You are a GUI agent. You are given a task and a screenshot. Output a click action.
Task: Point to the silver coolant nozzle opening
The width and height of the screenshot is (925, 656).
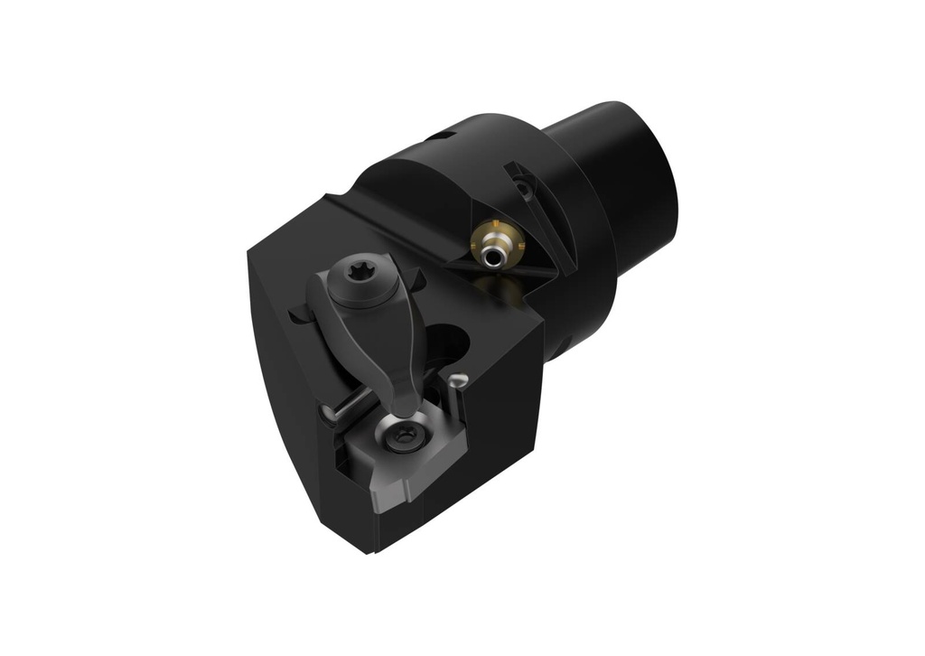pyautogui.click(x=491, y=258)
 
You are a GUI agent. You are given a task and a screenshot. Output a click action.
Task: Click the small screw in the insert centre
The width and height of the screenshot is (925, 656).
pyautogui.click(x=399, y=439)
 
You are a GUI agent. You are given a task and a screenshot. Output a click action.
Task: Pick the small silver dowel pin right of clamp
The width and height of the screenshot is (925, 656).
pyautogui.click(x=460, y=380)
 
